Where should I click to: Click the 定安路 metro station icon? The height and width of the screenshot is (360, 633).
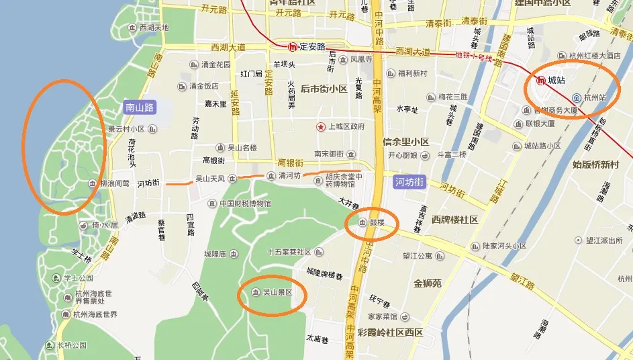point(293,47)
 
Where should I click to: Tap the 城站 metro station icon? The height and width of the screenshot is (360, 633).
point(541,81)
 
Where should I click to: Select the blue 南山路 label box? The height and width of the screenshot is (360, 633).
point(140,107)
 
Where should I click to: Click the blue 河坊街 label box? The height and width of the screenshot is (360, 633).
point(409,181)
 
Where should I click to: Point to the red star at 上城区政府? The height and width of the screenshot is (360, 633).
point(322,126)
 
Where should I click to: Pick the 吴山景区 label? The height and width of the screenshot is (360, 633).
point(277,292)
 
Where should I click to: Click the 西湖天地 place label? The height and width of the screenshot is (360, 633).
point(152,28)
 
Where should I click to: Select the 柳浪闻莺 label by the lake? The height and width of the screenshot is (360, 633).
point(114,183)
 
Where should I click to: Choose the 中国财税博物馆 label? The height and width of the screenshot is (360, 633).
point(244,204)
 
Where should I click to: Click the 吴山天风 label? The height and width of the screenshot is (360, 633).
point(210,179)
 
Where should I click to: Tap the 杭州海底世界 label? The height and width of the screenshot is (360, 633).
point(95,314)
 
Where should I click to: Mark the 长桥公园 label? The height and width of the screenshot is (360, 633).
point(72,345)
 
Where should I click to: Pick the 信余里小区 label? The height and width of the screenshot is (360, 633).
point(405,142)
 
